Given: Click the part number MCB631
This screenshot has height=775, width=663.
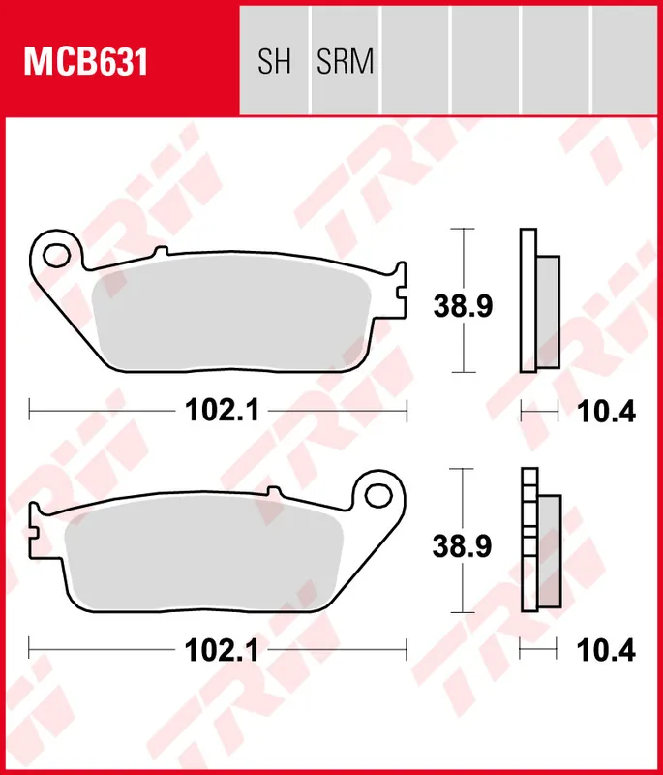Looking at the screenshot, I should pos(85,63).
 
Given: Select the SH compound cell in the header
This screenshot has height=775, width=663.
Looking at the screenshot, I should pos(274,63).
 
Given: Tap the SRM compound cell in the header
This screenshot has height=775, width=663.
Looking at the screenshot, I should pos(345,63).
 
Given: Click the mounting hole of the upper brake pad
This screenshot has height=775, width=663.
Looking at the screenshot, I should pos(57,256).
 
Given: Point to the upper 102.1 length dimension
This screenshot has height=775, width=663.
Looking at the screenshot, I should pos(220,411).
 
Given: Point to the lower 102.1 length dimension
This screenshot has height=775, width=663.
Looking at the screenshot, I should pos(220,650).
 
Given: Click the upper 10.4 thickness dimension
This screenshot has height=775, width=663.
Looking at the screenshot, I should pos(606,412).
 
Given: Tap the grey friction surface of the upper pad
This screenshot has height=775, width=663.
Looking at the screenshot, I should pos(232,315).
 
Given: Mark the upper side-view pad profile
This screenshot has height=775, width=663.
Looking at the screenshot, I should pos(538,300).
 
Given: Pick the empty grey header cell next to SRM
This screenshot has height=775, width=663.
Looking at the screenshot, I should pos(415,58).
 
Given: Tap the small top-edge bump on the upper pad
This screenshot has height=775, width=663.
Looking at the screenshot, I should pos(161,253).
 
